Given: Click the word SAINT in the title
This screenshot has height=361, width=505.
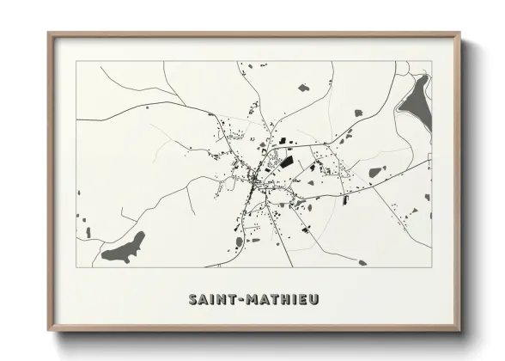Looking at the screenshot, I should click(212, 299).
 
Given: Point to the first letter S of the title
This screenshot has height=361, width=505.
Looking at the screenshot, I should click(193, 299).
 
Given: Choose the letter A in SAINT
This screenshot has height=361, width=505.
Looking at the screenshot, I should click(203, 299).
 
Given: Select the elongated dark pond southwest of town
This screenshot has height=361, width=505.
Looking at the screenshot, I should click(125, 248).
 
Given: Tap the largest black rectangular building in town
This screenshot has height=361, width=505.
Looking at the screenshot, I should click(286, 161).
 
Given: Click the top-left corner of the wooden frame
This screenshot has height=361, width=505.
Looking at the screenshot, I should click(50, 34).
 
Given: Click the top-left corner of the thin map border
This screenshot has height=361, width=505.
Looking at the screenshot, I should click(76, 61).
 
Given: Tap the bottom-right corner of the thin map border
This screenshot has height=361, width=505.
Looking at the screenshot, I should click(431, 267).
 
